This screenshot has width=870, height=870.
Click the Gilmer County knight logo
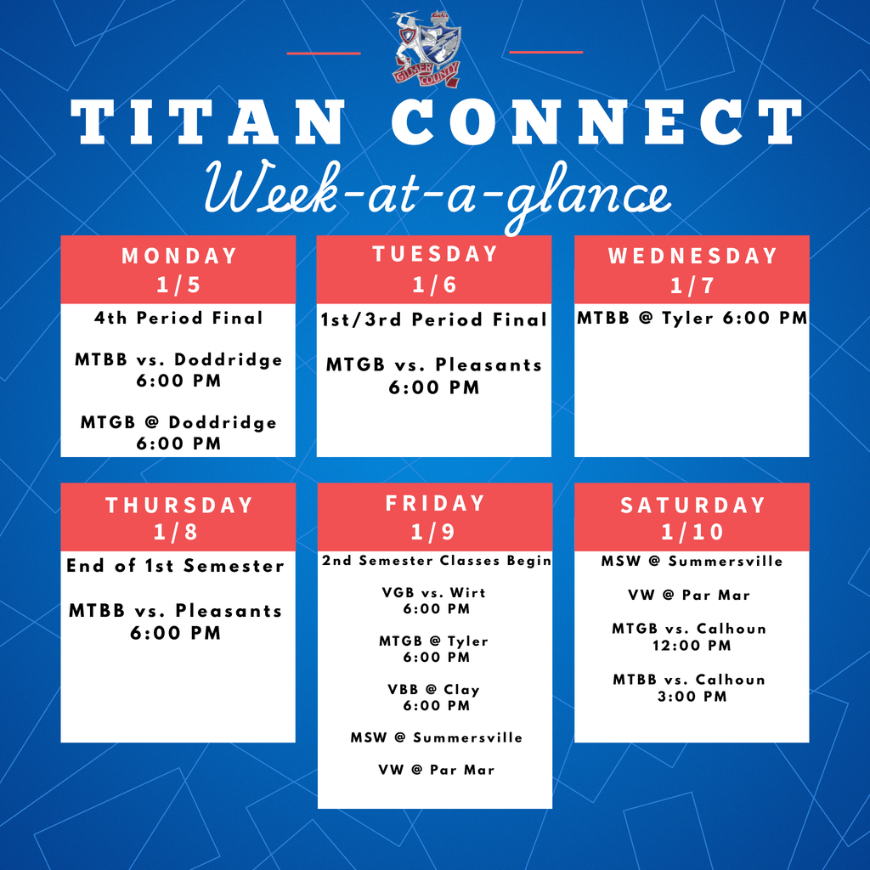(427, 49)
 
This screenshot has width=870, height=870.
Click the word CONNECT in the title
(596, 123)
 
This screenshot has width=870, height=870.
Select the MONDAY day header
(178, 256)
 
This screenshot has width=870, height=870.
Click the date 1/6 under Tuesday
(434, 285)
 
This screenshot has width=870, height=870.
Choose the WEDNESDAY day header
(692, 256)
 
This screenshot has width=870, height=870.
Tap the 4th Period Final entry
(178, 319)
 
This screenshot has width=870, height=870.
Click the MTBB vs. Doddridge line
(178, 360)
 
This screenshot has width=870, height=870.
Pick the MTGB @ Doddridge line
(178, 422)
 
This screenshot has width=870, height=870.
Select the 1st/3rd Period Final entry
(434, 320)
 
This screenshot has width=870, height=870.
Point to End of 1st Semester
(176, 566)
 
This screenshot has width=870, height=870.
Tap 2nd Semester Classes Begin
(435, 561)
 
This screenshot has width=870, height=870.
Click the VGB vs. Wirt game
(434, 592)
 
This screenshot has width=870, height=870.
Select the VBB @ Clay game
(434, 690)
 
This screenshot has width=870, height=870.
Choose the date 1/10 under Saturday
(692, 533)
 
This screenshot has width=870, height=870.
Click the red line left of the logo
(323, 53)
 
